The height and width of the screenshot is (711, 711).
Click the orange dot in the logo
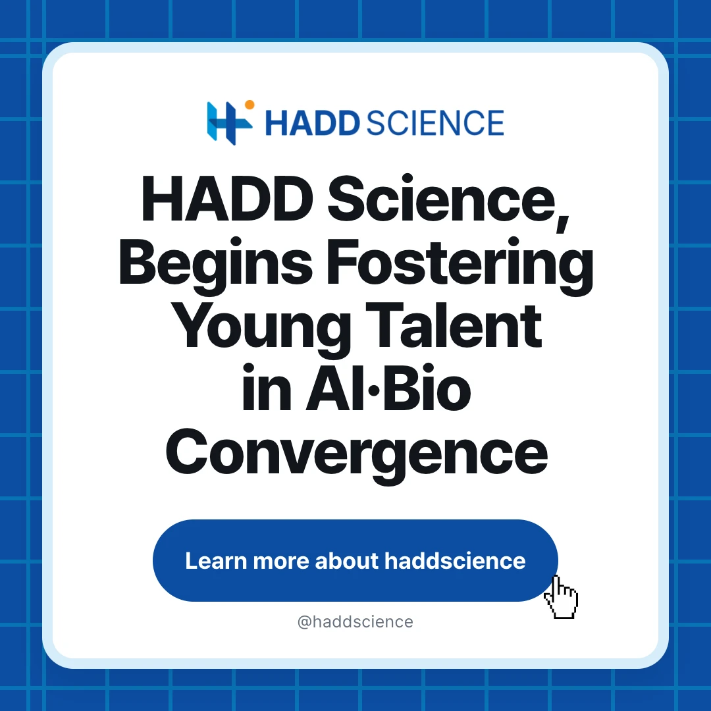click(250, 105)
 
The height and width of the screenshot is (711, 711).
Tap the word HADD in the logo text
click(313, 123)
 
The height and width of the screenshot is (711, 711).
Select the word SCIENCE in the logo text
click(435, 123)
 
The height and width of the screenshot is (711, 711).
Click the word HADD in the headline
click(227, 199)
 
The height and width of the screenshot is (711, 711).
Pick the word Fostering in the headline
click(460, 266)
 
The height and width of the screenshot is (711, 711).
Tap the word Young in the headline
click(262, 329)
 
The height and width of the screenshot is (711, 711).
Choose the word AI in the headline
click(336, 388)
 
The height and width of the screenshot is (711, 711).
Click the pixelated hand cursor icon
click(561, 596)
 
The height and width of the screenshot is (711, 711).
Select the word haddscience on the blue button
click(455, 561)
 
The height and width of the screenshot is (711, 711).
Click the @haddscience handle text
click(355, 621)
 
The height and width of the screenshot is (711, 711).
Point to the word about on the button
click(346, 561)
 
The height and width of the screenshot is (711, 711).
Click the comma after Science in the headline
click(562, 223)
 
